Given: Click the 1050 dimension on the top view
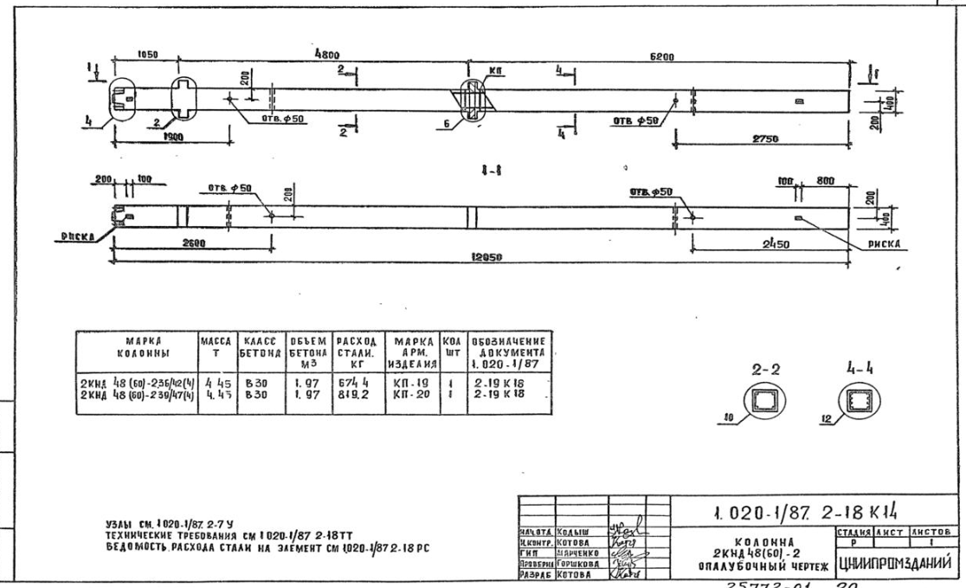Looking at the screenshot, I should (145, 54).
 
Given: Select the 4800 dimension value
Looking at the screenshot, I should (327, 52).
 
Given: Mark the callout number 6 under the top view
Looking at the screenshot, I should (448, 124).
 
